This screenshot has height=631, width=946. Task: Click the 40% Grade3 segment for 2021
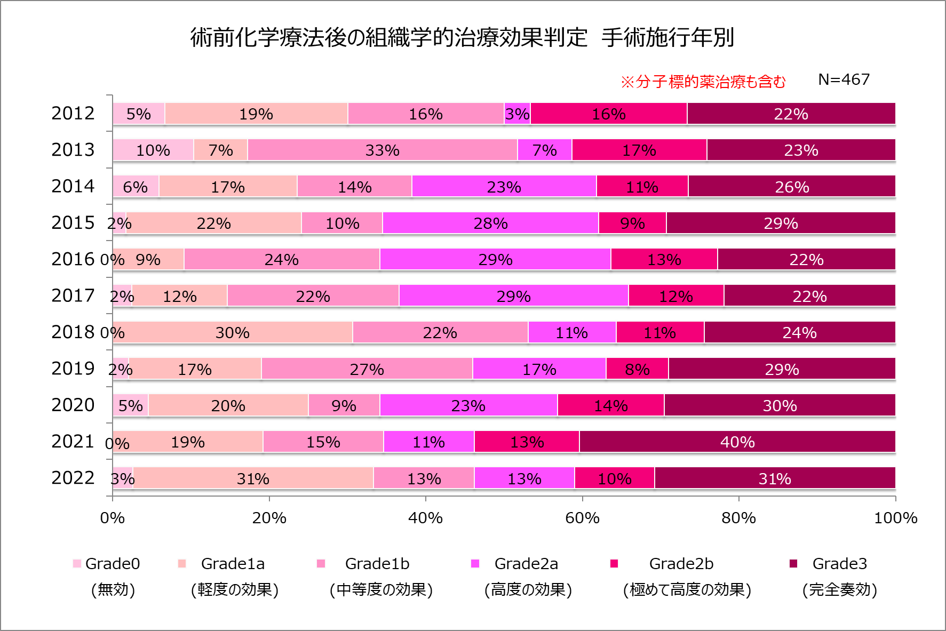click(x=737, y=442)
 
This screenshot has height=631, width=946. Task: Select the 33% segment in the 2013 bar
click(x=382, y=150)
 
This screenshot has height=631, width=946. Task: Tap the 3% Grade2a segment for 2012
click(x=517, y=114)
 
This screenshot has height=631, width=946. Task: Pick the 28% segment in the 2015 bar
click(x=490, y=223)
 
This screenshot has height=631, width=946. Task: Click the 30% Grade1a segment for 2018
click(x=233, y=332)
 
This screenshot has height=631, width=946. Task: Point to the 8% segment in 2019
click(x=637, y=369)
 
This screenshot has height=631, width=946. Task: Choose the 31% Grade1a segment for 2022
click(x=253, y=478)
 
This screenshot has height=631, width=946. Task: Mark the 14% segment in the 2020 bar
click(x=611, y=405)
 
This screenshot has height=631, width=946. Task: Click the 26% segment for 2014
click(x=792, y=187)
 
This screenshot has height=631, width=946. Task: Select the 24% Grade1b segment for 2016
click(x=282, y=259)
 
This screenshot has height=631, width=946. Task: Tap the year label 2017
click(x=73, y=295)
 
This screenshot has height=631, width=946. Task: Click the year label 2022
click(x=73, y=478)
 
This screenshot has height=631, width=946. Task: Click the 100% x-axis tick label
click(x=895, y=517)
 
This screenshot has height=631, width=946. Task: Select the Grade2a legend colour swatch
click(x=475, y=564)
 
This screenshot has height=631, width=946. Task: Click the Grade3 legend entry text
click(x=839, y=564)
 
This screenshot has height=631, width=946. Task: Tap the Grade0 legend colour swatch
click(x=77, y=564)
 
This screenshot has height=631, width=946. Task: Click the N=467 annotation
click(x=844, y=79)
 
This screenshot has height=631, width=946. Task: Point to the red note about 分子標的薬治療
click(x=703, y=82)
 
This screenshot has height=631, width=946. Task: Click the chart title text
click(x=462, y=37)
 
